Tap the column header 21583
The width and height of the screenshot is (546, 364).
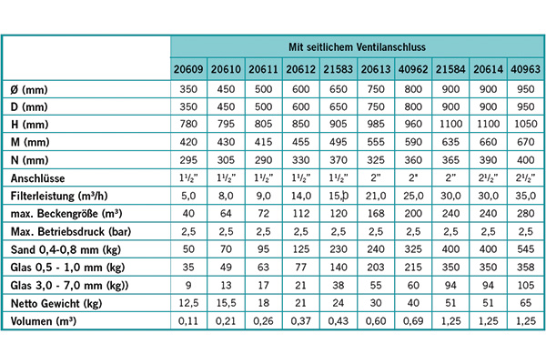coord(338,70)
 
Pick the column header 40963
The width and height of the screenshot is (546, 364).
coord(524,70)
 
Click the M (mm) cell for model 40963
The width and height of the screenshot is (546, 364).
coord(524,142)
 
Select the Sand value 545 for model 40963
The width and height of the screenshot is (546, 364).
coord(524,249)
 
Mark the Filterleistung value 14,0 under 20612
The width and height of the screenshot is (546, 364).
coord(300,196)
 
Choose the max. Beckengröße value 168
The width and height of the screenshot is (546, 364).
coord(375,214)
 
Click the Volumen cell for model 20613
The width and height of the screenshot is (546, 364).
coord(375,321)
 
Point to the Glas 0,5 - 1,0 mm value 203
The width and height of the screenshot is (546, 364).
coord(375,268)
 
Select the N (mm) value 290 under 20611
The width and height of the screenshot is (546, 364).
coord(263,160)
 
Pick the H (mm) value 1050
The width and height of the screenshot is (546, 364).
coord(524,124)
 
